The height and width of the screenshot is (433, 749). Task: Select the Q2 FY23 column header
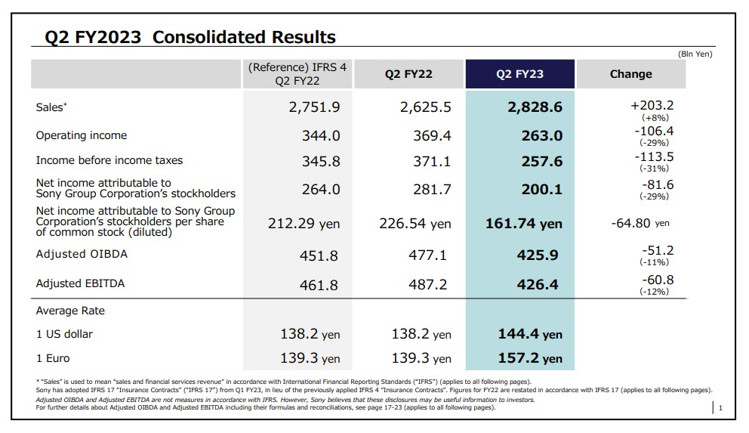519,74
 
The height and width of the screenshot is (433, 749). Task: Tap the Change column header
630,74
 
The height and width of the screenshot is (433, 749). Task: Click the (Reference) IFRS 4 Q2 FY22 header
297,74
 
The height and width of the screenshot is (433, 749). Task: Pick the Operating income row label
82,135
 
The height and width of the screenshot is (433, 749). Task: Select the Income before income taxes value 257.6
542,161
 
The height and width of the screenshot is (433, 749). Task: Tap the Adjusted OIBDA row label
82,254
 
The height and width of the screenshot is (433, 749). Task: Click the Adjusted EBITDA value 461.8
320,286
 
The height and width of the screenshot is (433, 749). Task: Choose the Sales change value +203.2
652,106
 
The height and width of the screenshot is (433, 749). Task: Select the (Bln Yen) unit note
695,54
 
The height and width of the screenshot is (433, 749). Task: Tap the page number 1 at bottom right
721,409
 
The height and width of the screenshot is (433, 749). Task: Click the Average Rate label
70,311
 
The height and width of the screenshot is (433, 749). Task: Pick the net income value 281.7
432,189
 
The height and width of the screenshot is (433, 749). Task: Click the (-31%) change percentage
654,169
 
